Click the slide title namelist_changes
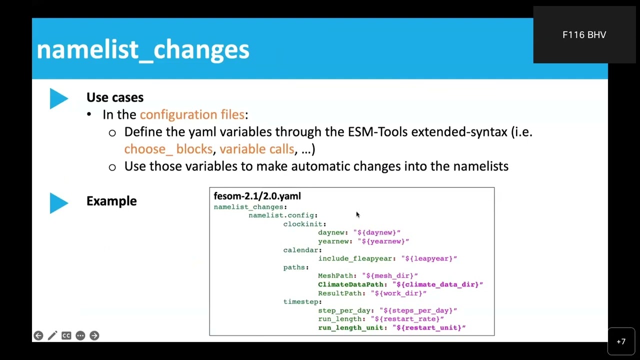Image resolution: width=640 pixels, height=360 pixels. point(142,49)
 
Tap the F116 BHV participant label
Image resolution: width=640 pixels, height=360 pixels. point(584,35)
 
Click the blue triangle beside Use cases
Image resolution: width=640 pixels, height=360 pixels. point(58,98)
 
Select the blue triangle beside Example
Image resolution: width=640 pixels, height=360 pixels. point(58,203)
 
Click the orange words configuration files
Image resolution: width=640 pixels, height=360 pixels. point(192,114)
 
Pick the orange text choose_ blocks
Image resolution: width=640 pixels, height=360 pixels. point(168,149)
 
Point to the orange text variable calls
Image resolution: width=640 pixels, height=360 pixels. point(256,149)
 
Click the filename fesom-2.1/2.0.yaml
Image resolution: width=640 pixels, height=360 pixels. point(257,196)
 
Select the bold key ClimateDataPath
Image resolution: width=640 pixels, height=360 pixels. point(350,284)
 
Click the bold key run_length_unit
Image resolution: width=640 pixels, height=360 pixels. point(350,328)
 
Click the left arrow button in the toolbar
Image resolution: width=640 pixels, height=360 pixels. point(38,335)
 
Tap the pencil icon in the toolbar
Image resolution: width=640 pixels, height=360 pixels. point(52,335)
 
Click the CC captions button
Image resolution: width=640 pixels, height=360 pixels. point(66,335)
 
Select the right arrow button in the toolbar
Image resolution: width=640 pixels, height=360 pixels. point(94,335)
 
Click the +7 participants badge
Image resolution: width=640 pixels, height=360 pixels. point(621,341)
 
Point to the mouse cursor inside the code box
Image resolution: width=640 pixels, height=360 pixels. point(357,215)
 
